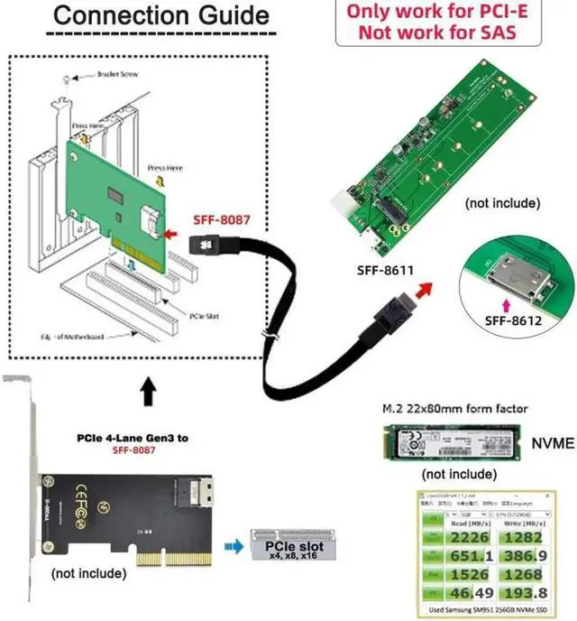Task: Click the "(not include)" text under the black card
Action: point(89,572)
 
